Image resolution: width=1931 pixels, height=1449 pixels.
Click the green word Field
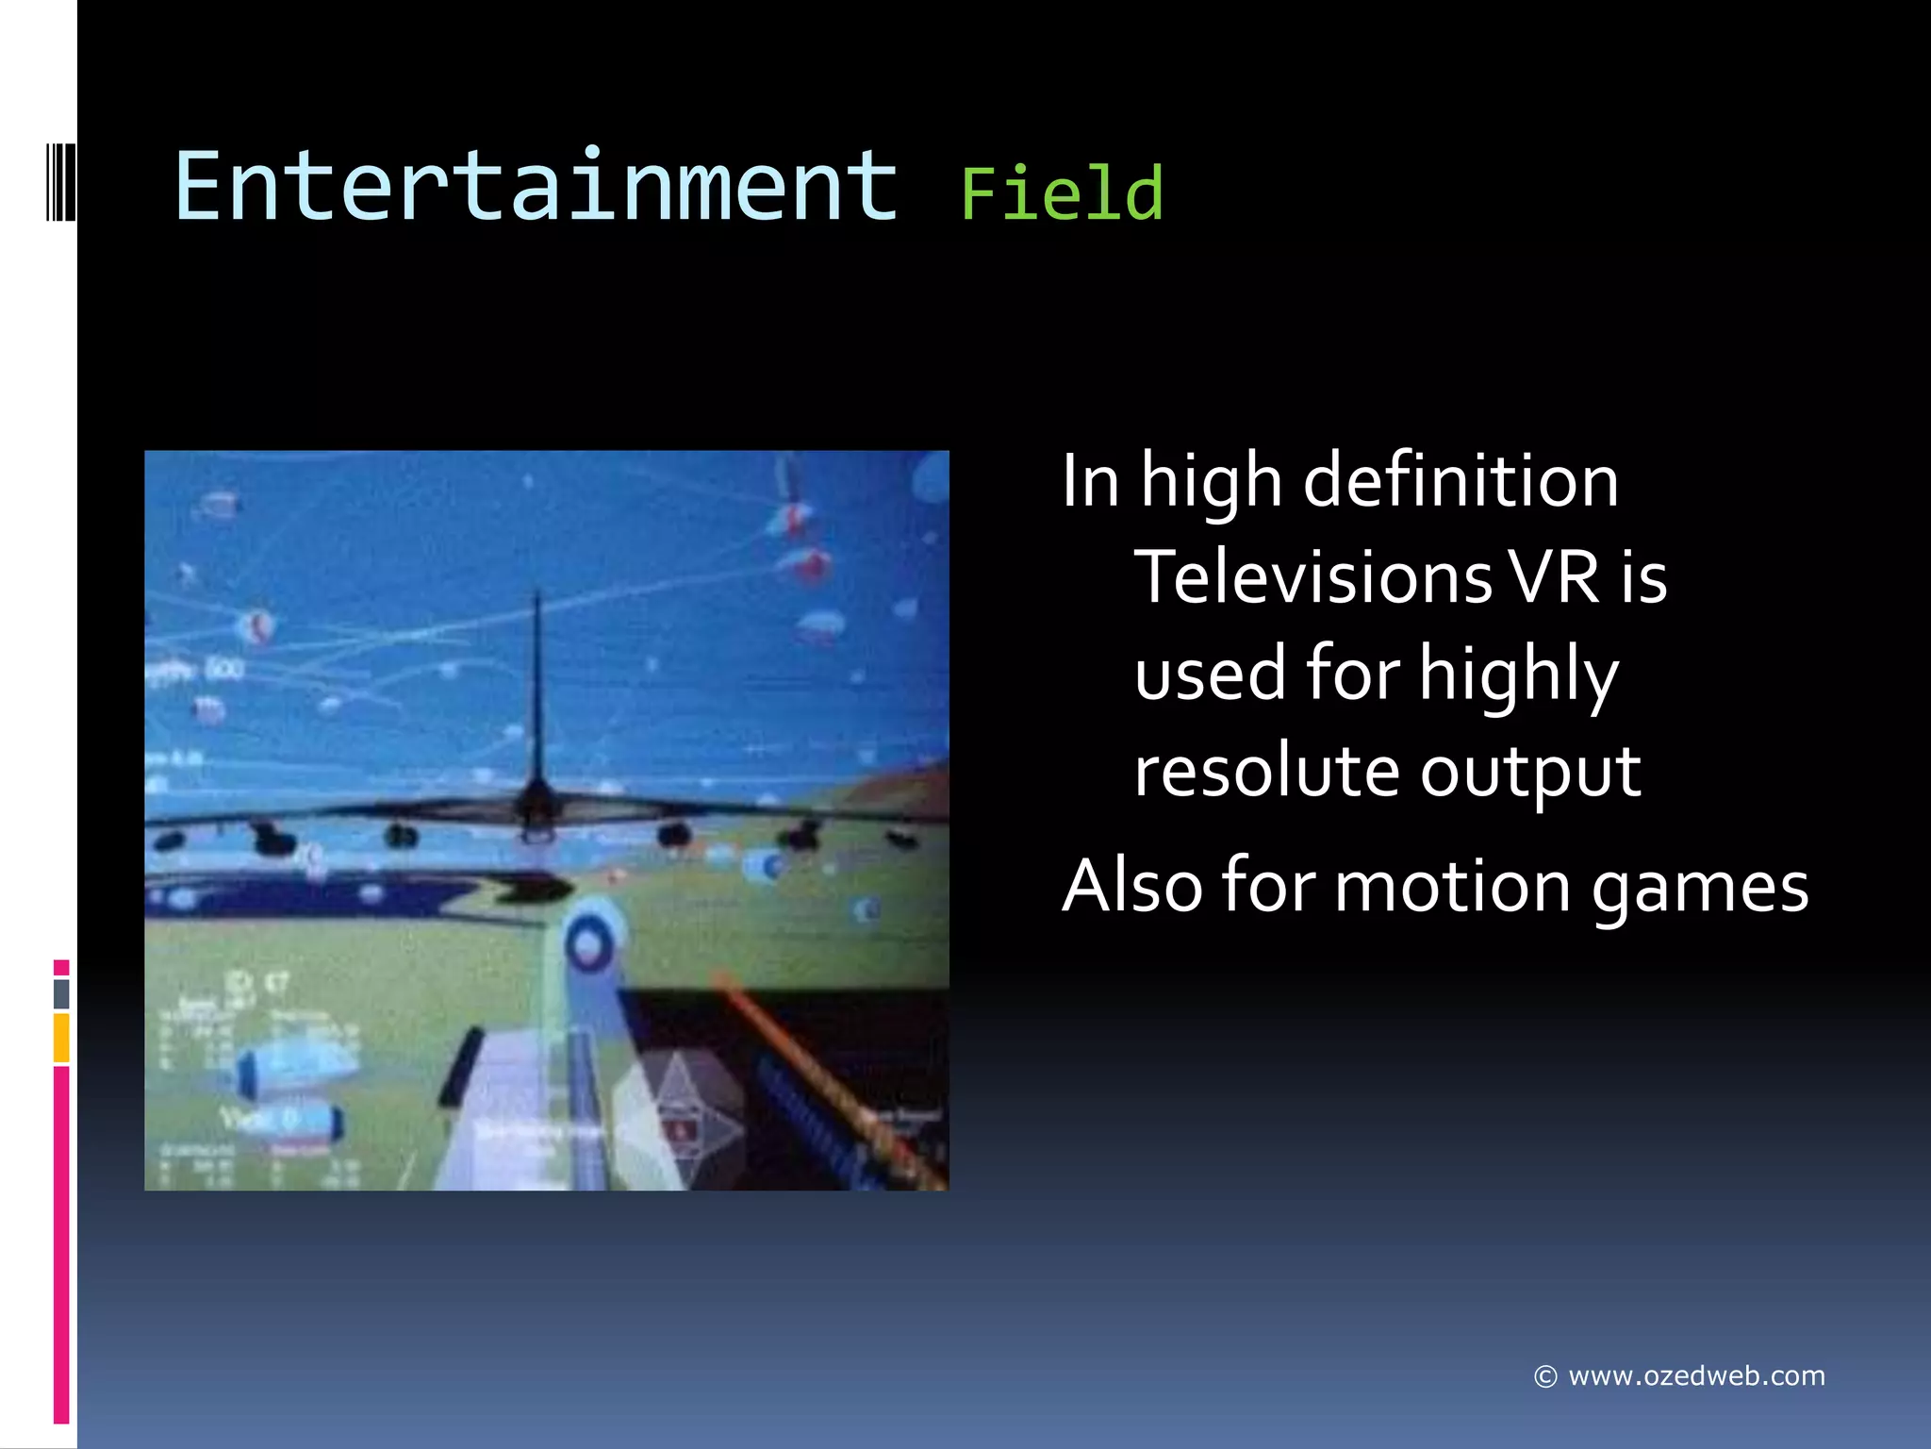1062,194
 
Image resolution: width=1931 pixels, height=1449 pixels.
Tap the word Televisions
1312,576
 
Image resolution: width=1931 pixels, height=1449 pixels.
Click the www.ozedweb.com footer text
1696,1375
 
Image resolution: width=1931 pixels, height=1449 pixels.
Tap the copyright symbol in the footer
1544,1377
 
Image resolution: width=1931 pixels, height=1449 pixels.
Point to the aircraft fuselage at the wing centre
536,808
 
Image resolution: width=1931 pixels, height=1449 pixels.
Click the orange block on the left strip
61,1037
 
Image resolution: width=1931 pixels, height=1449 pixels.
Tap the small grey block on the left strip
61,993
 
